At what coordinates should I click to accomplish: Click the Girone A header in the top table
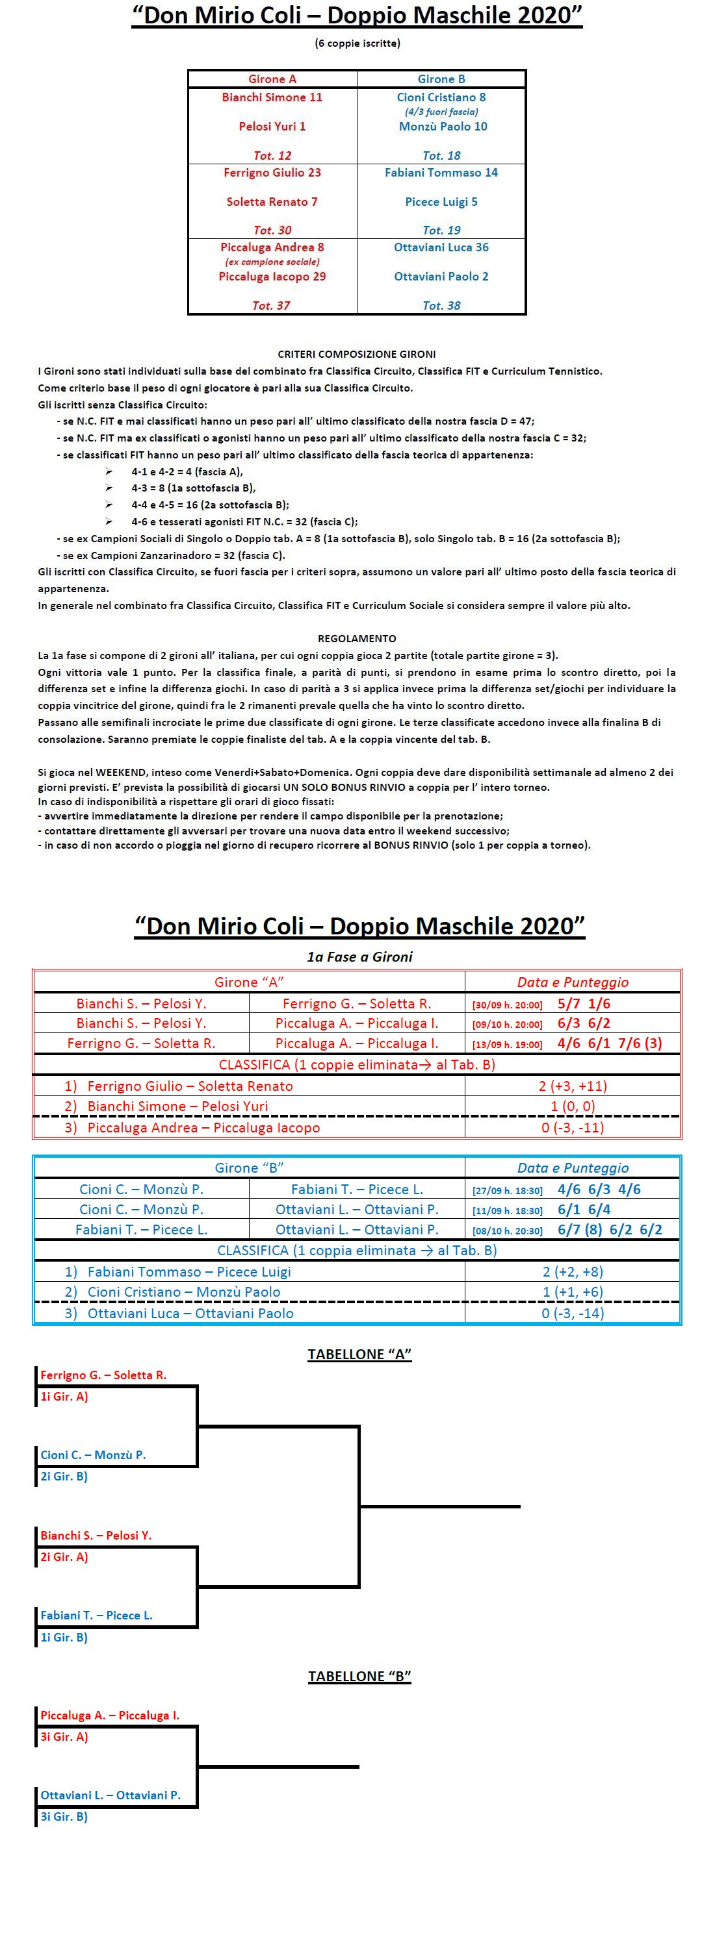(272, 79)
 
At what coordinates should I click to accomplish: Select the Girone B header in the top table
(441, 79)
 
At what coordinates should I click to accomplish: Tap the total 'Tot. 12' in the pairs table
(272, 155)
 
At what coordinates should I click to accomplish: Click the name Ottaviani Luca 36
(441, 247)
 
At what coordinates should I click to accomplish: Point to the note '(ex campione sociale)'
(272, 262)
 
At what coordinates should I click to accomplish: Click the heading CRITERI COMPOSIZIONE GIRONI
(356, 354)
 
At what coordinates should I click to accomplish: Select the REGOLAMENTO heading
(356, 638)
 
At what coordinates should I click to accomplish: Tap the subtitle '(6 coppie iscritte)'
(357, 43)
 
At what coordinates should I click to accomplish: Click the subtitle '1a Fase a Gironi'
(359, 956)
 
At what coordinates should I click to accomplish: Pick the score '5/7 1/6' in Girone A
(583, 1003)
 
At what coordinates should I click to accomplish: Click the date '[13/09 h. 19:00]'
(507, 1044)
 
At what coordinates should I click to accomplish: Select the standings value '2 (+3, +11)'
(572, 1086)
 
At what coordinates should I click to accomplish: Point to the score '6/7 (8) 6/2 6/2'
(609, 1230)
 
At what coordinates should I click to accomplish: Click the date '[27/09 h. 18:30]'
(507, 1190)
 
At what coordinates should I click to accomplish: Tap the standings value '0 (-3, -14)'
(572, 1314)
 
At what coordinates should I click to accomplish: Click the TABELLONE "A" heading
(359, 1355)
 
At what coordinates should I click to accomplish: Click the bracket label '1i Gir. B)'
(64, 1637)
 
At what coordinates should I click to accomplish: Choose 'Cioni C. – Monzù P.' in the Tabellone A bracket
(93, 1455)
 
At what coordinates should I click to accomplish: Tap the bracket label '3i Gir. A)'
(64, 1737)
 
